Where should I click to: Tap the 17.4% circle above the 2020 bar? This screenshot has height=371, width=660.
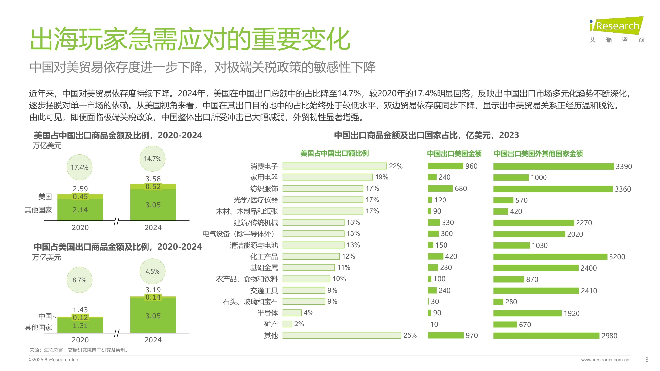80,167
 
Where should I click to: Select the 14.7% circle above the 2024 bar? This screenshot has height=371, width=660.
152,159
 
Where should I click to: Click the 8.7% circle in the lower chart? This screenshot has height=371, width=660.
80,280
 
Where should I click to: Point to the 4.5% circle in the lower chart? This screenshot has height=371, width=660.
152,271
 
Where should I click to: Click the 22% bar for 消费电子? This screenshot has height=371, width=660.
334,166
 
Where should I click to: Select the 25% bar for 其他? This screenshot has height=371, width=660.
342,335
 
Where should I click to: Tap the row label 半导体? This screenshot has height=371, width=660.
267,313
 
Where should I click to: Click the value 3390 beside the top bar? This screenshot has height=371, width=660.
624,167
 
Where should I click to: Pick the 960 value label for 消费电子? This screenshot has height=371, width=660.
471,166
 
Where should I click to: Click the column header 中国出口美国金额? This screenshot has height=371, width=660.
454,154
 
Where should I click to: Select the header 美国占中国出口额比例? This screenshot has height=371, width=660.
334,153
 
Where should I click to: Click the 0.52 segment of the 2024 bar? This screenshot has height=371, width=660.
153,187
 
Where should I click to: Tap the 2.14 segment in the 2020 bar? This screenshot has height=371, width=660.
80,210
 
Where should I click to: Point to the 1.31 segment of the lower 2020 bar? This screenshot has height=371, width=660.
80,326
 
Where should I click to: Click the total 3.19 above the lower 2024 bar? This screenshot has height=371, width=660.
153,290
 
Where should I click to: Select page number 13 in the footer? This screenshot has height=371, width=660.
645,360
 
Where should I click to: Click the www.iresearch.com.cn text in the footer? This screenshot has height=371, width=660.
605,360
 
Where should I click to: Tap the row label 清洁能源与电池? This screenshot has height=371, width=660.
254,245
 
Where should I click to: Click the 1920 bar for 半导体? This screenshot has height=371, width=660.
527,313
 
